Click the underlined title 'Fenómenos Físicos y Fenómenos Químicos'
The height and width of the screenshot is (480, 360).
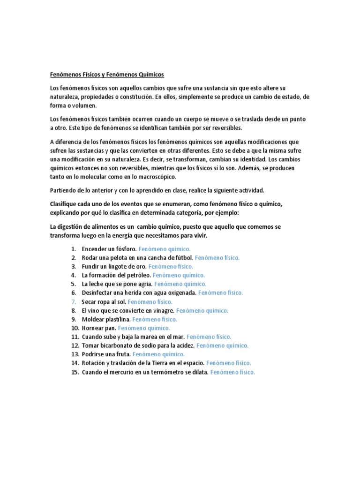coord(107,75)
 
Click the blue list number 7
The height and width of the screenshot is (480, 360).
coord(74,302)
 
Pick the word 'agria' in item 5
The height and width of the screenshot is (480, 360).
coord(143,284)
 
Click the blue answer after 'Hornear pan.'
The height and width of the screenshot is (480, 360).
coord(144,328)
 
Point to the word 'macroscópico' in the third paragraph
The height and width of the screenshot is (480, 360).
coord(156,177)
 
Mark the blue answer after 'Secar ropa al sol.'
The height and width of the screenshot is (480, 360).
coord(150,302)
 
